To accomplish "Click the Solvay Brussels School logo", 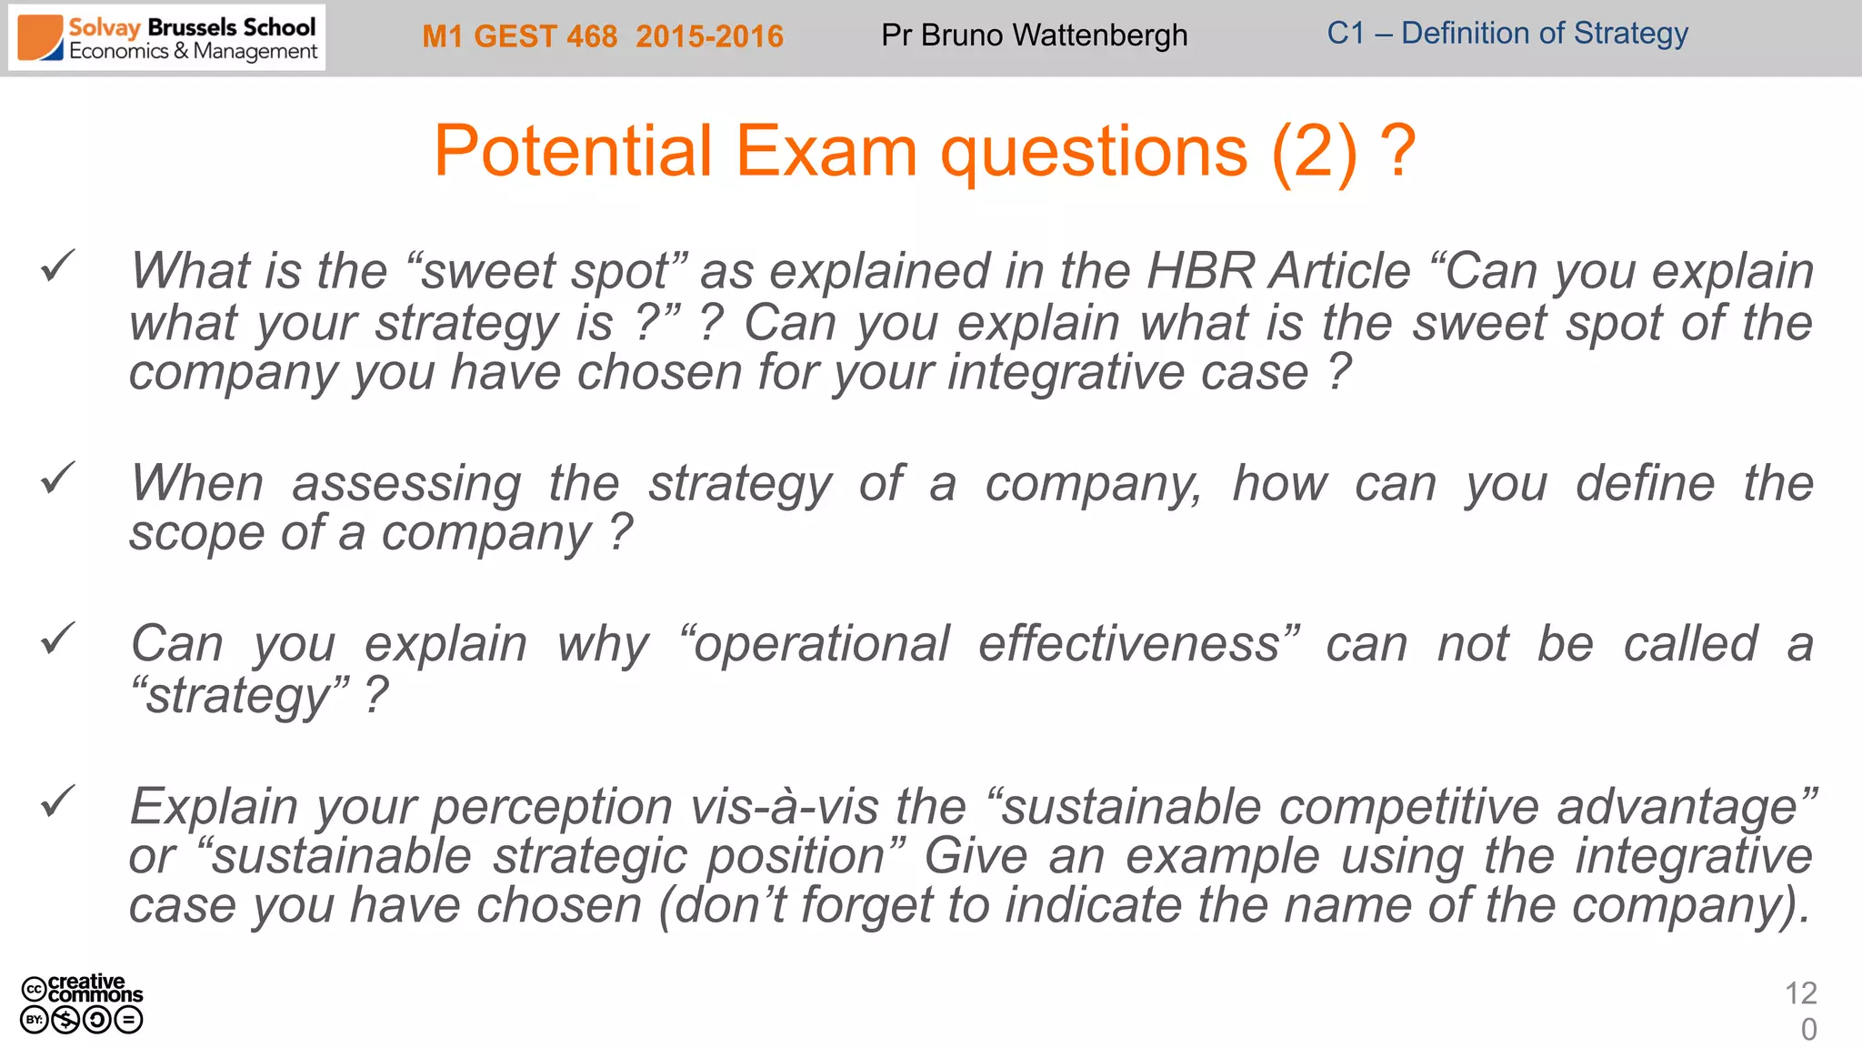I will (x=167, y=38).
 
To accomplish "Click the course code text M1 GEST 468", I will (x=519, y=36).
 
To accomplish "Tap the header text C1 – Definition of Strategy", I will (x=1507, y=34).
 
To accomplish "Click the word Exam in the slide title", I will (x=826, y=151).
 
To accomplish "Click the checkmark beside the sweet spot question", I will (x=57, y=267).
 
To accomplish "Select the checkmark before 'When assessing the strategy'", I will (x=57, y=479).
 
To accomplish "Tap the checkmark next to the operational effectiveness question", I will (x=57, y=640).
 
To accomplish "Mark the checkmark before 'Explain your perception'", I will (x=57, y=802).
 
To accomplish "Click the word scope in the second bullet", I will (x=193, y=534).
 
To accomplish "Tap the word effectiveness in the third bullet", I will (x=1128, y=645).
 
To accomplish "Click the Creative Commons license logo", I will (x=82, y=1004).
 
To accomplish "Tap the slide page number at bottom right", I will (x=1801, y=1011).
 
